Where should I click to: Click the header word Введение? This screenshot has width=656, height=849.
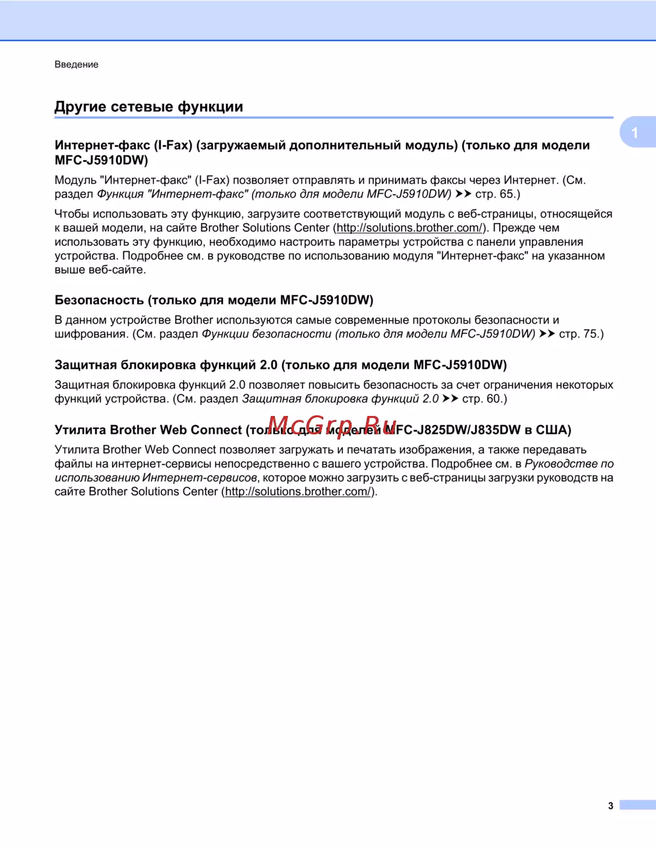76,64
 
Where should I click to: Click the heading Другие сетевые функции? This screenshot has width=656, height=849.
148,106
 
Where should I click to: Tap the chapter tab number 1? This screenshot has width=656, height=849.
634,133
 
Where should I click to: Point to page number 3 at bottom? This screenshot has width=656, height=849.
610,806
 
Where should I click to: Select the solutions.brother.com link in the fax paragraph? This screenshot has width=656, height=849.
409,228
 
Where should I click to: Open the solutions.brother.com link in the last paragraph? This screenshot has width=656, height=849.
298,491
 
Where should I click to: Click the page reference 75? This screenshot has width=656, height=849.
590,333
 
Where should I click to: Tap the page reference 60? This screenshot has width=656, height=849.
494,398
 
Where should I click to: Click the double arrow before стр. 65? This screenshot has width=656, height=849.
463,194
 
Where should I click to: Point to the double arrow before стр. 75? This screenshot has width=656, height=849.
547,333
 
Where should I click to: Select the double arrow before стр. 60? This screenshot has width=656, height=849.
450,398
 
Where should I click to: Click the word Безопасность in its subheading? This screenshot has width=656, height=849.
99,300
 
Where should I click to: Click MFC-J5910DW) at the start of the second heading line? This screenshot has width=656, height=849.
101,159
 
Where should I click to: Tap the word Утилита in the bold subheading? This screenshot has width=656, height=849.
80,430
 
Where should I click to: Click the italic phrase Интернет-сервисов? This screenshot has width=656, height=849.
199,478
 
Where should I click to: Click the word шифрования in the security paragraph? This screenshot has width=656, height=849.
91,333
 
